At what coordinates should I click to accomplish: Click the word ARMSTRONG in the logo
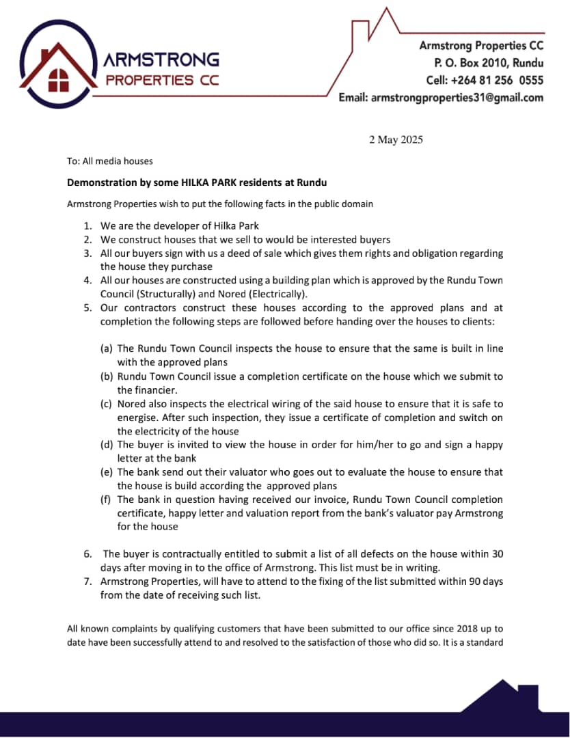[x=161, y=60]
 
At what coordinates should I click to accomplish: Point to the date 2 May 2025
[x=396, y=140]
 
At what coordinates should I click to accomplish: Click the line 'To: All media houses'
[x=109, y=161]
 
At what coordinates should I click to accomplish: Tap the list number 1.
[x=87, y=226]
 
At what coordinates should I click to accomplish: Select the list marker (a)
[x=107, y=348]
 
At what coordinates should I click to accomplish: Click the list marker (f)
[x=107, y=500]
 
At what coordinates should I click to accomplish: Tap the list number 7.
[x=87, y=581]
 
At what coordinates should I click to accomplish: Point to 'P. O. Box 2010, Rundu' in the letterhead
[x=489, y=63]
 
